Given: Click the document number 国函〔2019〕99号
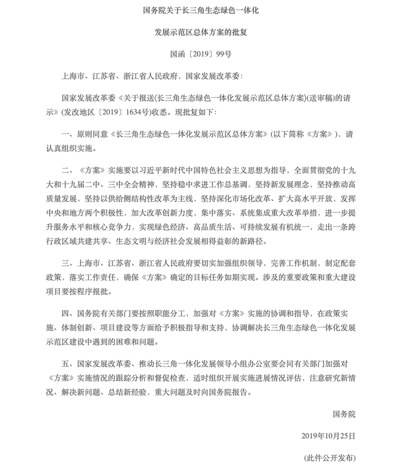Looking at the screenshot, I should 200,56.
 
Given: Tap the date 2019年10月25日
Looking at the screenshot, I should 328,436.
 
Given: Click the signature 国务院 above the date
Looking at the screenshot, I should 344,414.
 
